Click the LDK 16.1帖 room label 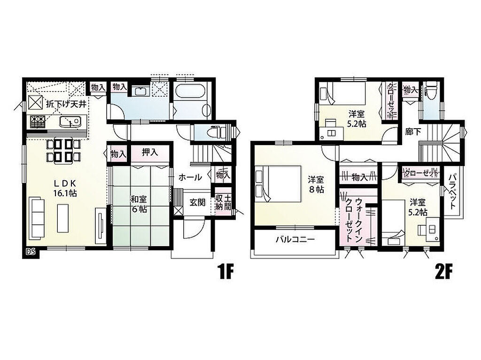[65, 188]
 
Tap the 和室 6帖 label [139, 204]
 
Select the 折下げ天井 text [66, 104]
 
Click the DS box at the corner [31, 252]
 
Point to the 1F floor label [226, 272]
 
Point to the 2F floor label [444, 272]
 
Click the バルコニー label [295, 239]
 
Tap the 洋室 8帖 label [316, 184]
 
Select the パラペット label [453, 191]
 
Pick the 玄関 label [197, 202]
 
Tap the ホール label [190, 177]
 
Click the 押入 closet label [150, 152]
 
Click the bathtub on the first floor [191, 92]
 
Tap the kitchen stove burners [37, 122]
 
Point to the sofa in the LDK [37, 219]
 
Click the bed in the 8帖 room [278, 184]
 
